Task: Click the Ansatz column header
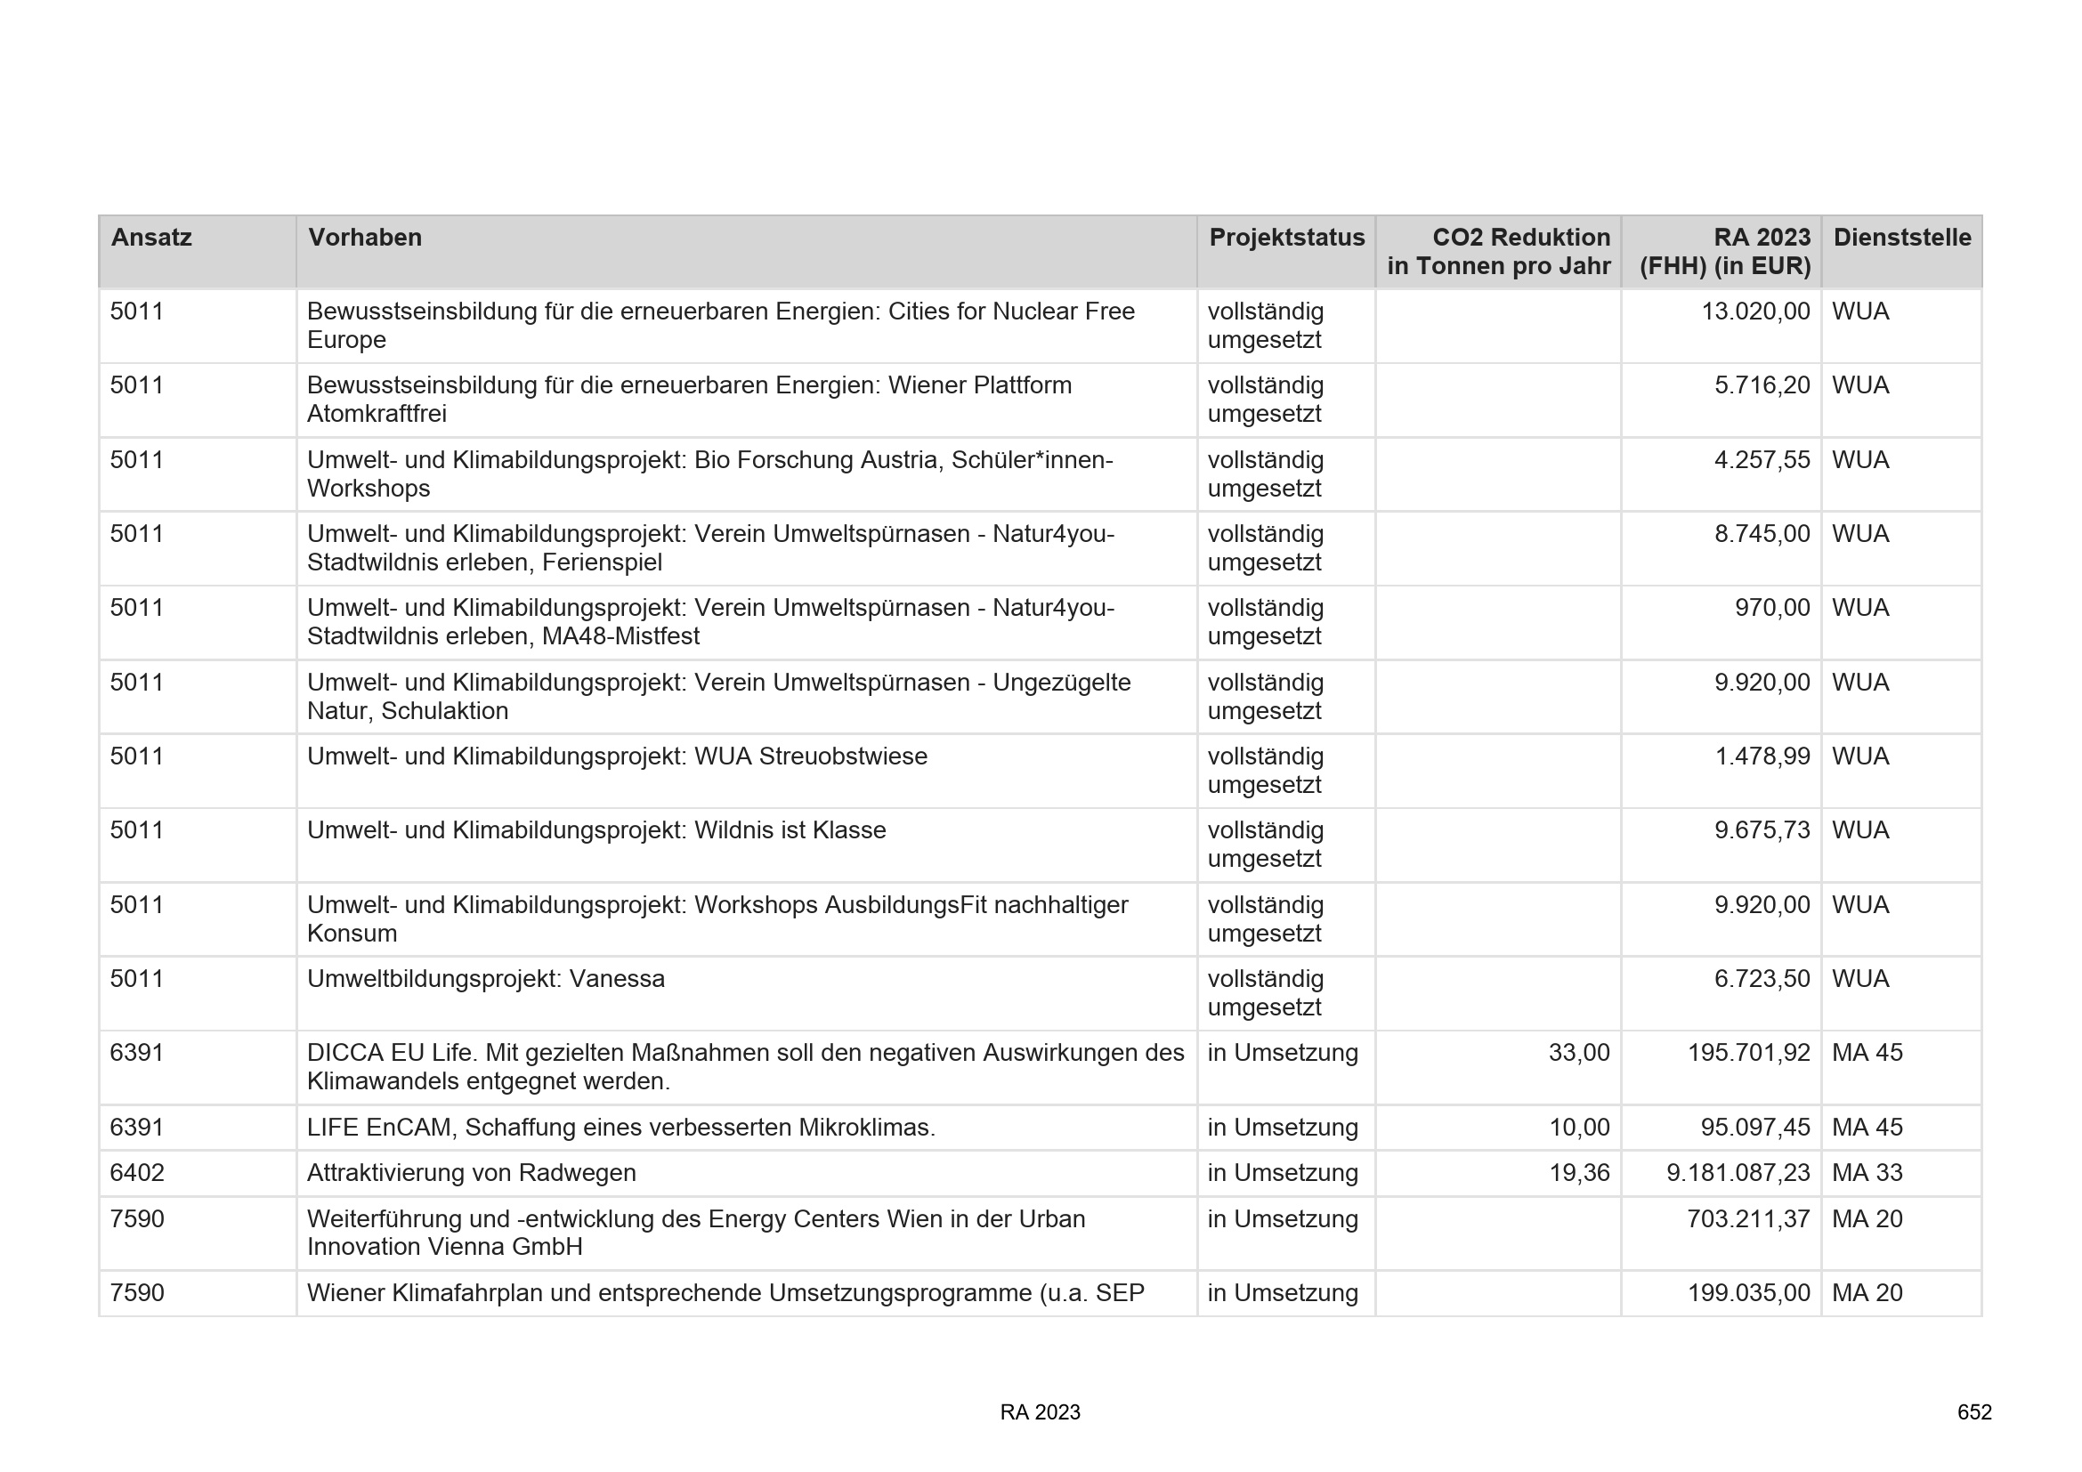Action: [x=151, y=238]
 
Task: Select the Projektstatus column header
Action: [x=1286, y=238]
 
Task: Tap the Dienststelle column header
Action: [x=1901, y=238]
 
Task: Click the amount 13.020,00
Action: [x=1754, y=311]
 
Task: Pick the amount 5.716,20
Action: [x=1761, y=385]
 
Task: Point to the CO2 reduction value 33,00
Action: [x=1579, y=1052]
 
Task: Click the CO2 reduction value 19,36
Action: [x=1579, y=1173]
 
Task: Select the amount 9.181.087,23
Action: [x=1738, y=1173]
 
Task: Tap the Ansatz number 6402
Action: [x=137, y=1173]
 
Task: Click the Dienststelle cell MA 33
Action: [x=1867, y=1173]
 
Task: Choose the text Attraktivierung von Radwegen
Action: [x=472, y=1173]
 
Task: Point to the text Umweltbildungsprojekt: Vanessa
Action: [x=486, y=979]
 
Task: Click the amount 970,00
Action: [x=1772, y=607]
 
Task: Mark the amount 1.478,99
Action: [x=1761, y=756]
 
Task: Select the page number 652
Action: [x=1974, y=1412]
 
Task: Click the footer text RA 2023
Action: [x=1040, y=1412]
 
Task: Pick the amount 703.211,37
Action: [x=1747, y=1218]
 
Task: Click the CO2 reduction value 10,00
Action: [x=1579, y=1128]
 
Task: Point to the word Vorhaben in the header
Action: [x=365, y=238]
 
